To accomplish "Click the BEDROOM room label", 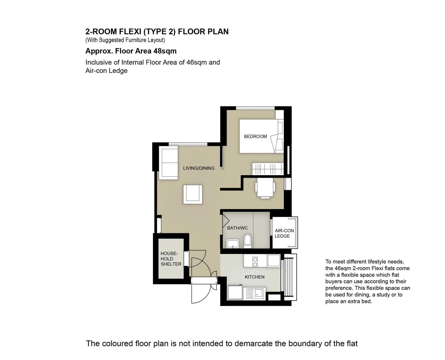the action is (255, 136).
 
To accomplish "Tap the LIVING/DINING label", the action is (199, 168).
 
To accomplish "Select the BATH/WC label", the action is (237, 228).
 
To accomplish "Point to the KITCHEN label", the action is (254, 277).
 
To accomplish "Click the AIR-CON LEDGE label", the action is (284, 233).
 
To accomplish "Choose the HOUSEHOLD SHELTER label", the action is (171, 259).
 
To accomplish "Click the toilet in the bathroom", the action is (248, 241).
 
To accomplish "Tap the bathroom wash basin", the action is (233, 244).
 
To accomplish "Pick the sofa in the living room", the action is (168, 163).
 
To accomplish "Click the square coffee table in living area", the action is (193, 194).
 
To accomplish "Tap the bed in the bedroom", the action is (261, 136).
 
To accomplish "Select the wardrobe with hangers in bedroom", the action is (268, 169).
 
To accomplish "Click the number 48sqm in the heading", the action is (165, 51).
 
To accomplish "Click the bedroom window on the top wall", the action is (255, 108).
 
